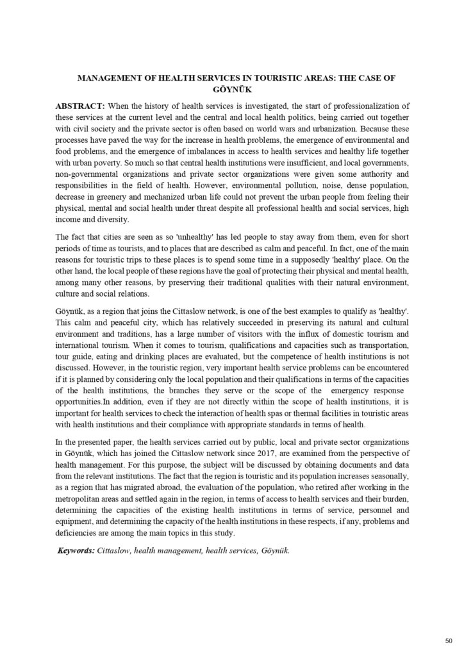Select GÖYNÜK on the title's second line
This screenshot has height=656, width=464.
click(x=231, y=89)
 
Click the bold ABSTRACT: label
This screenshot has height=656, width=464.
click(x=81, y=104)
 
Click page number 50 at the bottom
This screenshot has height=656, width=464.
click(x=448, y=639)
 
